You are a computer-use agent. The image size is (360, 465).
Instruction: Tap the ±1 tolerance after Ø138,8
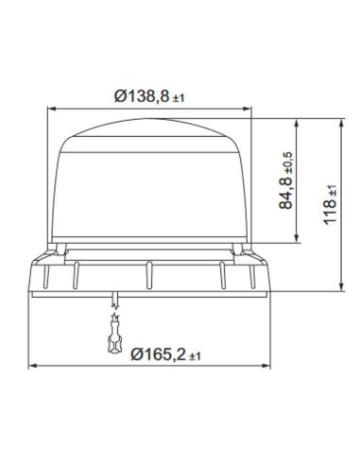(x=181, y=95)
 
